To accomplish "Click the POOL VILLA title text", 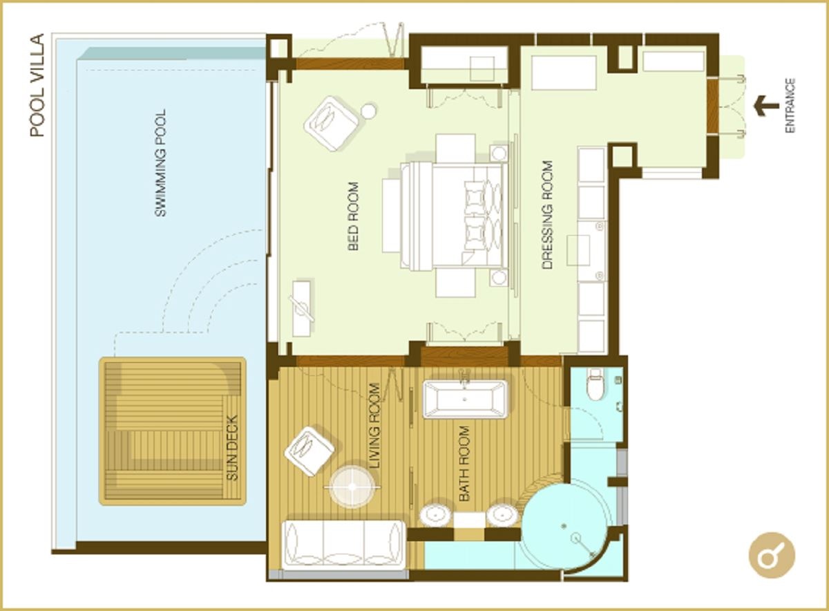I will (x=37, y=85).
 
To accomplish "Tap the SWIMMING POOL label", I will (x=161, y=163).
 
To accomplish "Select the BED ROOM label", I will (x=353, y=216).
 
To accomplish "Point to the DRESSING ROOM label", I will (x=548, y=215).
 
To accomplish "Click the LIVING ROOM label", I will (x=375, y=426).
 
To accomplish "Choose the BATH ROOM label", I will (x=464, y=463).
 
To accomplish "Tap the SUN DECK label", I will (x=232, y=448).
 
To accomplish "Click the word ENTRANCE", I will (x=790, y=106).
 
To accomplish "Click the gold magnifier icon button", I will (x=772, y=556).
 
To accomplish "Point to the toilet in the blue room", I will (x=595, y=384).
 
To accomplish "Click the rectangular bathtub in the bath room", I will (x=465, y=399).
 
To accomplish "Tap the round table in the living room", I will (x=352, y=487).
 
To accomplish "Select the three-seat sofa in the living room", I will (x=343, y=544).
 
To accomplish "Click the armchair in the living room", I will (x=309, y=451).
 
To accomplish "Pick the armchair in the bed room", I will (x=332, y=123).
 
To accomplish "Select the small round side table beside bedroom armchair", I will (x=368, y=111).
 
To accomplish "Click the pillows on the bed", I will (x=482, y=216).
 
